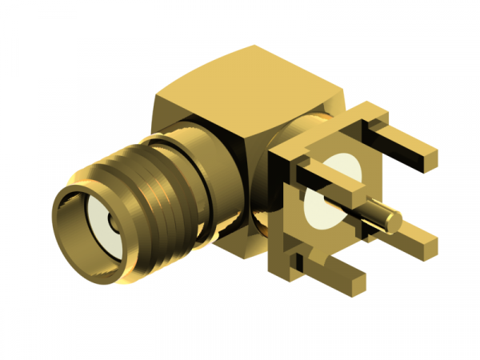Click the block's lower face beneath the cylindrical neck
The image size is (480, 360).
pyautogui.click(x=240, y=240)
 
